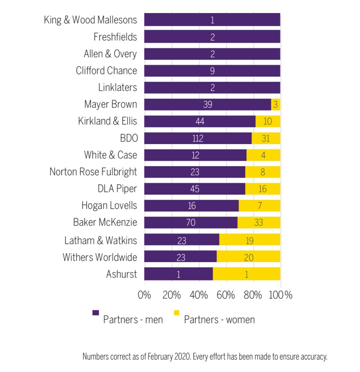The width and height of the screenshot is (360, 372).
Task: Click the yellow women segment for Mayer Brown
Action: [x=275, y=104]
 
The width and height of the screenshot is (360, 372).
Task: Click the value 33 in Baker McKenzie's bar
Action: [x=258, y=223]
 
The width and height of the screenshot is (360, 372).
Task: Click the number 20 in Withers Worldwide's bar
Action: [x=247, y=257]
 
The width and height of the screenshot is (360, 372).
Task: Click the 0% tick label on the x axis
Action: [x=144, y=295]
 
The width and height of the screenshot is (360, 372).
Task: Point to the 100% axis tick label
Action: [x=281, y=295]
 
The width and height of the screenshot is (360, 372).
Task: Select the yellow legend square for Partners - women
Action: [x=176, y=312]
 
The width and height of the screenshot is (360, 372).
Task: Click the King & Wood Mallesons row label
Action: [x=90, y=20]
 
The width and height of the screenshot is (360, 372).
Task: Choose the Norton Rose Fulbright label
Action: [x=93, y=172]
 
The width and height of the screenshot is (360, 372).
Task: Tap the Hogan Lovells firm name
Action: [x=109, y=206]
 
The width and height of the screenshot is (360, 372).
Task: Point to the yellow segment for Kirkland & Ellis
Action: [x=268, y=122]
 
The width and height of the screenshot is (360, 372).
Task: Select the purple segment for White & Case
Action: [x=195, y=155]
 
